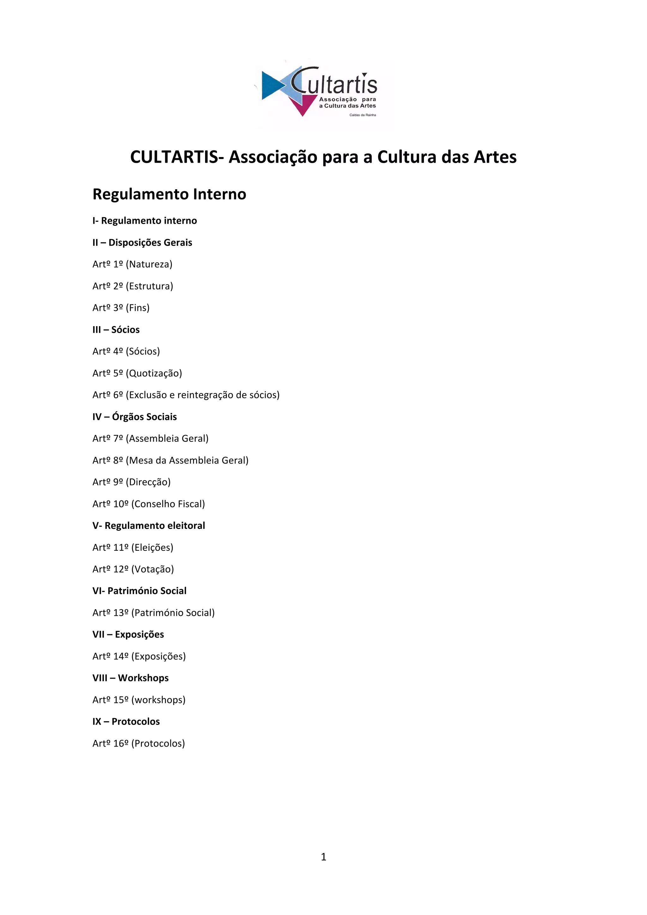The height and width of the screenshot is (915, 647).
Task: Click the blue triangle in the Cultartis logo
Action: (x=271, y=84)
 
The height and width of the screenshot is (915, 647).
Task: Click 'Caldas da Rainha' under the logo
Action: (x=363, y=115)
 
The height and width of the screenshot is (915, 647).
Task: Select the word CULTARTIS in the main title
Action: (x=174, y=157)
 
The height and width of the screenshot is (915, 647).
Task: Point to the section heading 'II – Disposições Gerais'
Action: (x=142, y=243)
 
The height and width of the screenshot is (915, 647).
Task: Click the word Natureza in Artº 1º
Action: (x=149, y=264)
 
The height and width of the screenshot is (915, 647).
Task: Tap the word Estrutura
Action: (x=149, y=286)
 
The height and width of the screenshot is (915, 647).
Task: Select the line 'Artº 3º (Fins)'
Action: (x=121, y=308)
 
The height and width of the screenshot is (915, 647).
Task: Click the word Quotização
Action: (x=154, y=373)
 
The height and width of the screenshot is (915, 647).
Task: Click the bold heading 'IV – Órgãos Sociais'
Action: (x=135, y=417)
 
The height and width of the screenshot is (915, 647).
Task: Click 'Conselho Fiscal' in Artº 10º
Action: (x=168, y=504)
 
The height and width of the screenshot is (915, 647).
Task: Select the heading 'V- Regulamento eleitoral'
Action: (x=148, y=526)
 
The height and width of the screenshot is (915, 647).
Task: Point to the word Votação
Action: (x=153, y=569)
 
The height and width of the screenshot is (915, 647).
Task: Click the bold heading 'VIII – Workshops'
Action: (x=131, y=678)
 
